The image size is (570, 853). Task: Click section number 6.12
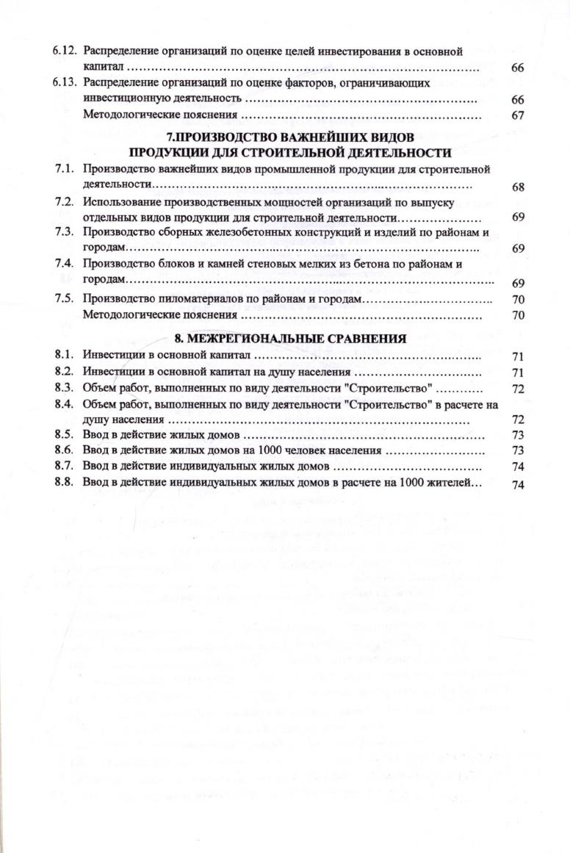[x=66, y=51]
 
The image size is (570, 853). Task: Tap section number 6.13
[x=66, y=83]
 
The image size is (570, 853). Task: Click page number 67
[x=517, y=115]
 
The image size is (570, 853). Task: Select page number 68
[x=517, y=187]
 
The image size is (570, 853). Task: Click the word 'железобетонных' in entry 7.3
[x=223, y=234]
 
